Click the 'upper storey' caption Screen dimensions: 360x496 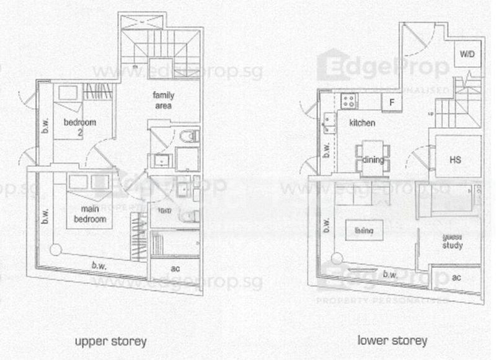(110, 341)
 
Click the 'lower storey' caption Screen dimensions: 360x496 (392, 341)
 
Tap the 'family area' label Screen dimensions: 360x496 (164, 100)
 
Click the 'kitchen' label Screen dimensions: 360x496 (362, 123)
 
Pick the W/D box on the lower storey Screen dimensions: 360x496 (466, 55)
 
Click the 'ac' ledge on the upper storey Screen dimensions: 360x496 (175, 269)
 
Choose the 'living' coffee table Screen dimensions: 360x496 (364, 231)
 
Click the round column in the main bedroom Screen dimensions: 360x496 (56, 250)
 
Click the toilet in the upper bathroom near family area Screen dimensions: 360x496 (188, 136)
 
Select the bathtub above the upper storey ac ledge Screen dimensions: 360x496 (175, 242)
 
